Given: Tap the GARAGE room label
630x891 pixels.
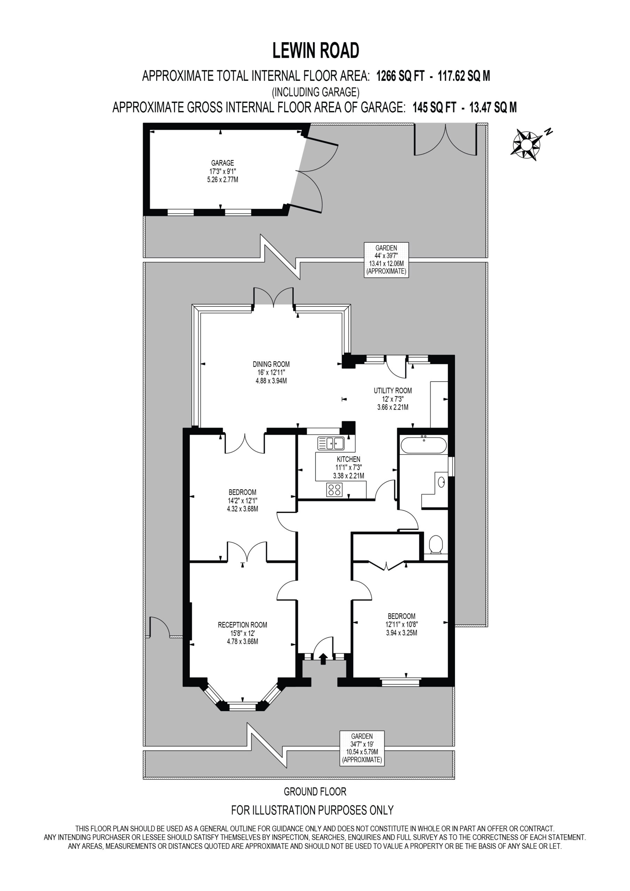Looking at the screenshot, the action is point(222,163).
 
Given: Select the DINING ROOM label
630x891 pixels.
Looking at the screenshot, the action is point(271,364).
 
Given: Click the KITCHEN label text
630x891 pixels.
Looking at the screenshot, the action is point(348,459).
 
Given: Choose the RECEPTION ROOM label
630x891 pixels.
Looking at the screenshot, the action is point(242,625).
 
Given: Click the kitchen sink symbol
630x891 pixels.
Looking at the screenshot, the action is point(331,443).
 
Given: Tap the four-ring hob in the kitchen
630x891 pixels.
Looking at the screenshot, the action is point(334,490).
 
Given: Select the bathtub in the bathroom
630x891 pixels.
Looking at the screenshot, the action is point(424,445).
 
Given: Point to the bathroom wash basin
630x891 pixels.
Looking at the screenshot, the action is point(441,482).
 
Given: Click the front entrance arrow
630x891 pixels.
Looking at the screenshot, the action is point(323,659).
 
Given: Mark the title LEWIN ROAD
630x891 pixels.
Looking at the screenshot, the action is point(316,50).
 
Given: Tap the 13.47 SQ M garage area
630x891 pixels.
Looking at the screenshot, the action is point(493,107).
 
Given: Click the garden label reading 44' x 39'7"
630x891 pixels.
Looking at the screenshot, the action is point(386,256).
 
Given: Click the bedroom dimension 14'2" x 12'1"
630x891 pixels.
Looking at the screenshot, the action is point(242,500).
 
